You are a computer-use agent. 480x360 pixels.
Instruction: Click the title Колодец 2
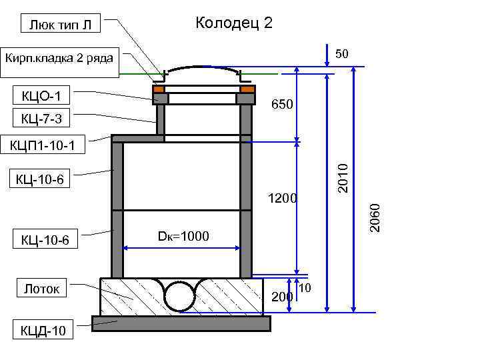(x=234, y=23)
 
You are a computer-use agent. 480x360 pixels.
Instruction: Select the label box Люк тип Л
(x=60, y=23)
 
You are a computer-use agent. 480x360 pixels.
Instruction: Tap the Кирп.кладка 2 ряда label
(x=59, y=63)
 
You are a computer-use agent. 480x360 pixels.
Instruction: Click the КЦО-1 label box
(x=41, y=95)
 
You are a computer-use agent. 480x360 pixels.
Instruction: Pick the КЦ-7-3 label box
(x=41, y=117)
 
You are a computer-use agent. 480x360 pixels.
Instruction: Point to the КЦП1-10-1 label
(x=43, y=144)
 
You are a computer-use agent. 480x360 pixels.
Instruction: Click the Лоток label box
(x=41, y=288)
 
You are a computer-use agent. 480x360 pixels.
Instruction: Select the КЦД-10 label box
(x=43, y=329)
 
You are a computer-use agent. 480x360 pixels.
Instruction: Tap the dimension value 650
(x=282, y=104)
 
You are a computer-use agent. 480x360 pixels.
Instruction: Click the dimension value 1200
(x=282, y=198)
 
